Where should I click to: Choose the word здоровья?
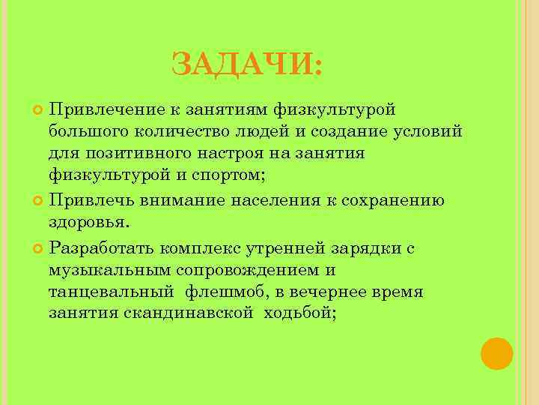87,223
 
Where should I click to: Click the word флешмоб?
222,290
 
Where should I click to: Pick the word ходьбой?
298,313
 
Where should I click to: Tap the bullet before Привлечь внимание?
40,201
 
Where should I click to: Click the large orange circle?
496,353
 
